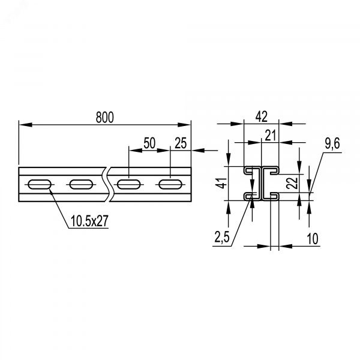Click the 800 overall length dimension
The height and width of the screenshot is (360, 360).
pos(104,118)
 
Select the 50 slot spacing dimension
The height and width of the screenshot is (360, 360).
pos(149,143)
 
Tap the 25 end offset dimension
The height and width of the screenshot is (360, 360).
pos(181,143)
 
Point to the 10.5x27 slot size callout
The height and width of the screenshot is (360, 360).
pos(89,221)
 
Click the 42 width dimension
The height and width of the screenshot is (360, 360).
pos(262,116)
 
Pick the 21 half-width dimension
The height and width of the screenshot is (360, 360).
pos(270,135)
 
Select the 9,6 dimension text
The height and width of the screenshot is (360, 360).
pos(332,144)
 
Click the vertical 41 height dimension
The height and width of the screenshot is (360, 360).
pos(222,183)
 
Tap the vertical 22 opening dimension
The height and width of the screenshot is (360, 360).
pos(293,183)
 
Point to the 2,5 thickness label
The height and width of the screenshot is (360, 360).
pos(222,237)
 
